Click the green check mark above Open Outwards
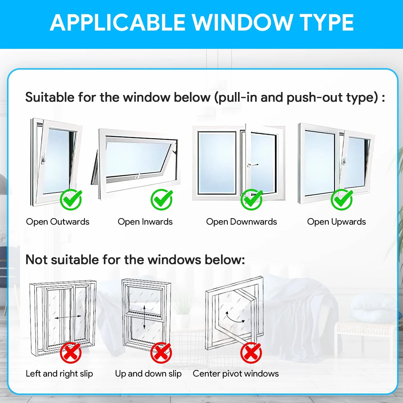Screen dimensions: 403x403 pos(71,199)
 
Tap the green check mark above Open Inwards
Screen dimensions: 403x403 pos(162,199)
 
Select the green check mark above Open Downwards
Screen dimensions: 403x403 pos(252,199)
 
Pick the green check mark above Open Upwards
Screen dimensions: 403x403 pos(342,199)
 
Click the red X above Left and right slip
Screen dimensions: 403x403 pos(71,353)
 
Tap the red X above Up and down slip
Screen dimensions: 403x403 pos(161,353)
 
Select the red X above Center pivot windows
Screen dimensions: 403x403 pos(251,353)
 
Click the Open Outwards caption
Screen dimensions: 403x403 pos(58,222)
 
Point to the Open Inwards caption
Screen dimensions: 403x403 pos(145,222)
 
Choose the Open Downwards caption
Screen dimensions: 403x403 pos(242,222)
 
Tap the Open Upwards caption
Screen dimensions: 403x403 pos(336,222)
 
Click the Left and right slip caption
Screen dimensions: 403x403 pos(59,374)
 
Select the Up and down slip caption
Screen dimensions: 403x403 pos(148,374)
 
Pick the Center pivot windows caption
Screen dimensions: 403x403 pos(236,374)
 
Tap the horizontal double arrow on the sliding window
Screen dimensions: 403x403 pos(68,318)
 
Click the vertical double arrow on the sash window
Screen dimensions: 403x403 pos(144,317)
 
